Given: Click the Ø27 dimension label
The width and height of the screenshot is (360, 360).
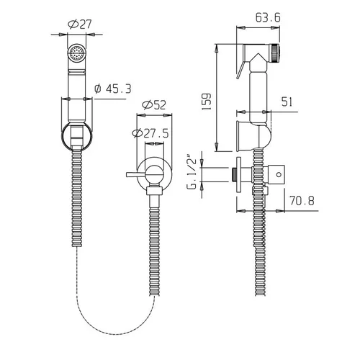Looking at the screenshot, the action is point(80,24).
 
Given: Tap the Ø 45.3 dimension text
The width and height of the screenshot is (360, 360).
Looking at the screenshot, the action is point(113,89).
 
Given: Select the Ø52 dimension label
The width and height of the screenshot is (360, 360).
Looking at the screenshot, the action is point(154,105).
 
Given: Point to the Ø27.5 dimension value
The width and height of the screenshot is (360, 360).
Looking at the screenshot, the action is point(150,133).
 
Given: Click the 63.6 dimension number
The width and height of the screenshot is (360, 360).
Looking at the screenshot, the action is point(268,17).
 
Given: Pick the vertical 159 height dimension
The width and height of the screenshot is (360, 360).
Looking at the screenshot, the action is point(206,102).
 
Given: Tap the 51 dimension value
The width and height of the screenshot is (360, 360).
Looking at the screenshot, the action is point(287,102).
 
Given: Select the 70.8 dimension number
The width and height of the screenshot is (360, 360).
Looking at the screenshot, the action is point(302,201).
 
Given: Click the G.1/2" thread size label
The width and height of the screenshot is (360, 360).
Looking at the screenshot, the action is point(192,173).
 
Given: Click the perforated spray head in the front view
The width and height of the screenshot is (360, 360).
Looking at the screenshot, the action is point(76,53).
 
